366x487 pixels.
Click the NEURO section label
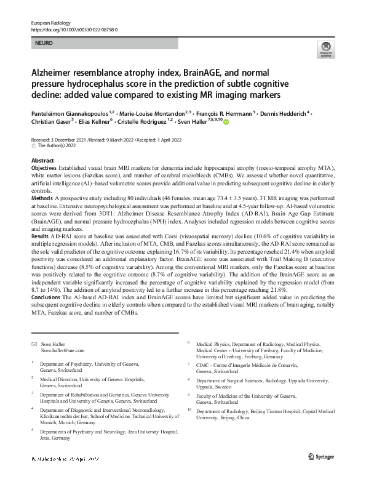[x=45, y=44]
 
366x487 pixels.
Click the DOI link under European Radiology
[x=74, y=29]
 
